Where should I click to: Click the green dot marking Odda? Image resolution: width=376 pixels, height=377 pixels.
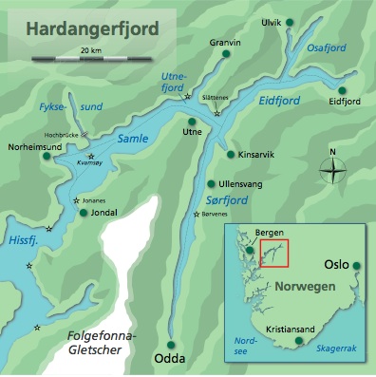pyautogui.click(x=172, y=344)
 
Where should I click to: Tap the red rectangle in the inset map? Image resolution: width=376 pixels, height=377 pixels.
pyautogui.click(x=273, y=254)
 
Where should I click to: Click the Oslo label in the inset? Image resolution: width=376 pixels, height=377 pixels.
pyautogui.click(x=337, y=265)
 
